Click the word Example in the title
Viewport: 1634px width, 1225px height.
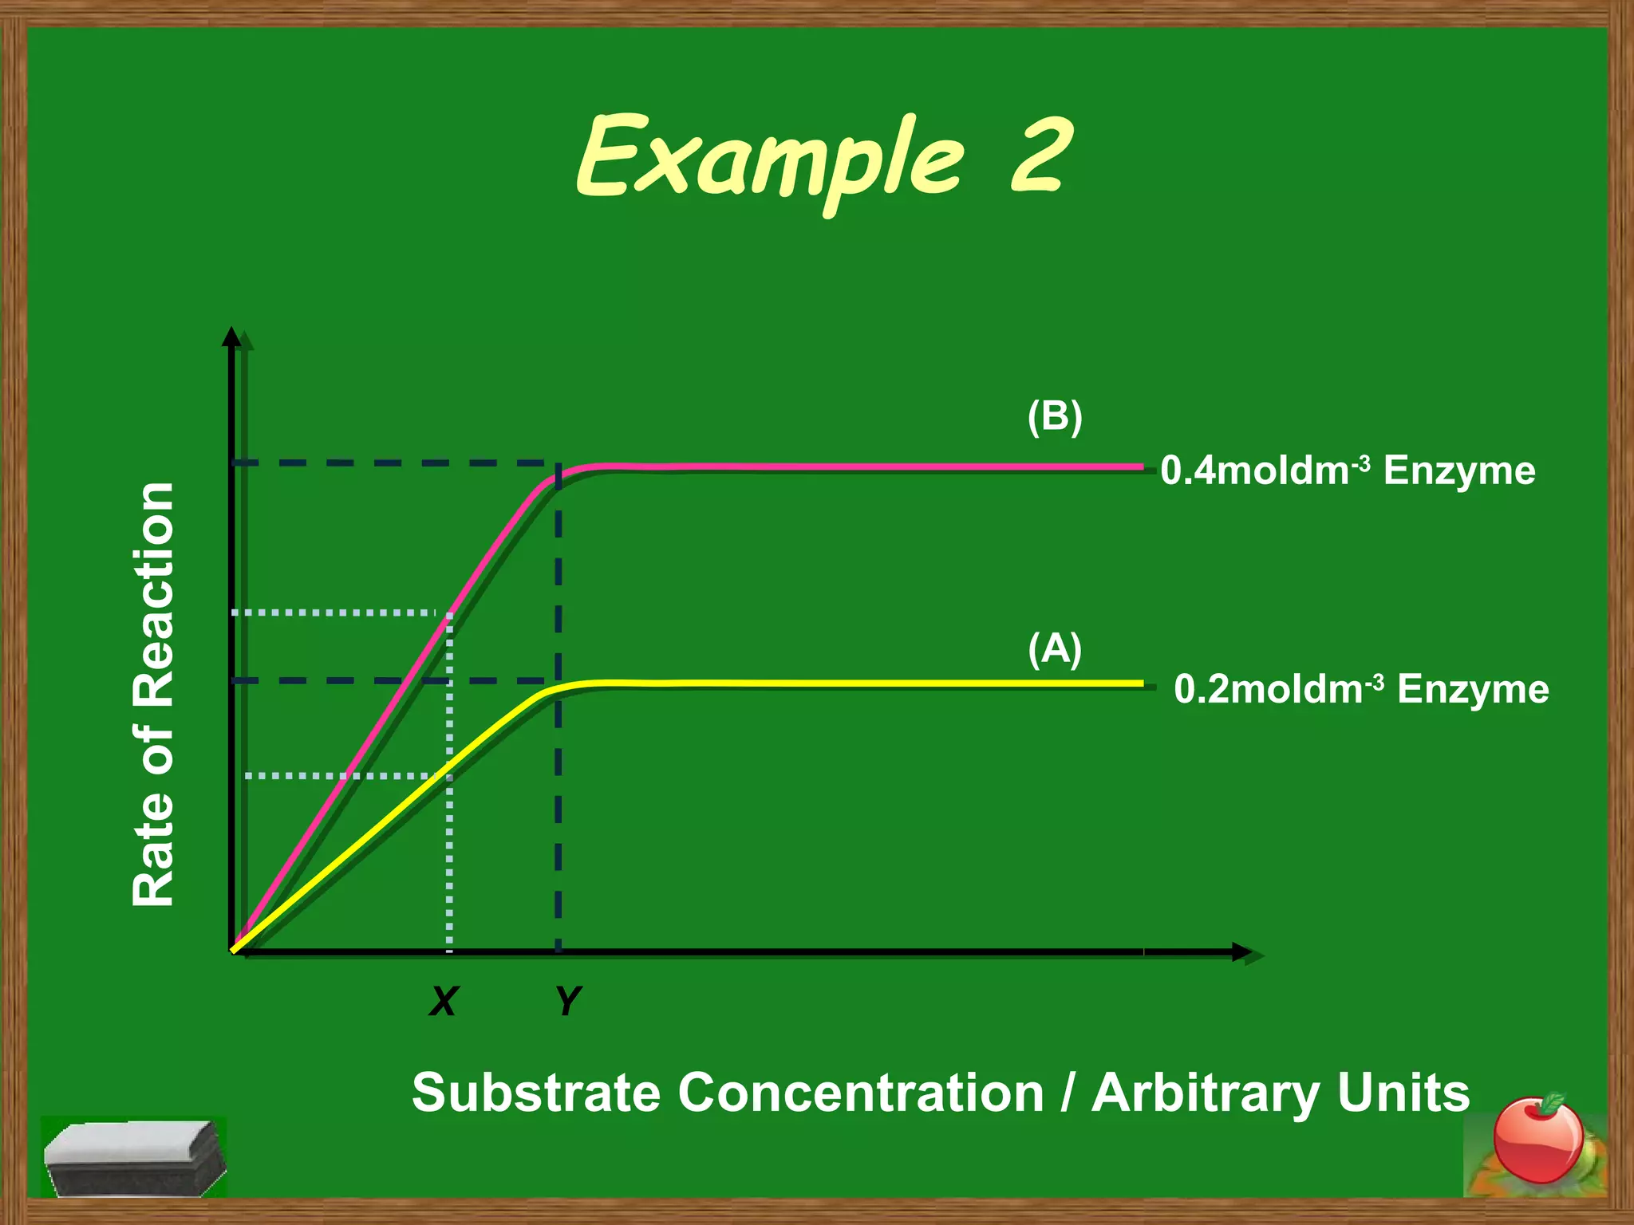770,160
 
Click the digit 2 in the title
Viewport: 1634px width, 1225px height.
1037,156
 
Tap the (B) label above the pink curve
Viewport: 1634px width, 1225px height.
1054,416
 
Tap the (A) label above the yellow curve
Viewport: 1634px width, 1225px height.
1054,648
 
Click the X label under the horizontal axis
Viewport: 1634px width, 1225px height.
444,1000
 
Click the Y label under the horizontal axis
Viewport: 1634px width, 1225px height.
568,1000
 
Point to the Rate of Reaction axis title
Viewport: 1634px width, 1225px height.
153,694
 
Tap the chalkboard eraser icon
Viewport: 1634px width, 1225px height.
134,1156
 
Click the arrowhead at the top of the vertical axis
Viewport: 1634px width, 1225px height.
231,337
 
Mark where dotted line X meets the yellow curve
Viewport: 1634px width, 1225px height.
449,769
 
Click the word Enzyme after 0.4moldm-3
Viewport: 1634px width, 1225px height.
1459,471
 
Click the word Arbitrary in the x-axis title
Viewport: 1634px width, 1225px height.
1205,1093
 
